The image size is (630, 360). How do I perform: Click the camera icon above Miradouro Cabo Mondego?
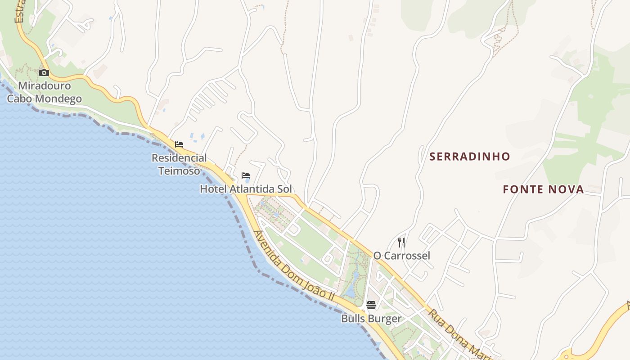44,72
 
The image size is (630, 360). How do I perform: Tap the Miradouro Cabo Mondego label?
44,92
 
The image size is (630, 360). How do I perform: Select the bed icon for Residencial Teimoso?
179,144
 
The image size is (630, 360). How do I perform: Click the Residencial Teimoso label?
179,164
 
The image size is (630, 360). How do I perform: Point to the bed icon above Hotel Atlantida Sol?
245,175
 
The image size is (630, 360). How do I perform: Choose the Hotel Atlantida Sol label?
246,189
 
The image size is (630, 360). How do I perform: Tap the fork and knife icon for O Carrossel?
401,243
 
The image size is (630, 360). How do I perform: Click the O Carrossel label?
401,256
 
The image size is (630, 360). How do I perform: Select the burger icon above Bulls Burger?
371,305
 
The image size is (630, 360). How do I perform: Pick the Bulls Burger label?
371,319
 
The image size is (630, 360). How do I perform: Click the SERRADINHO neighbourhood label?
470,157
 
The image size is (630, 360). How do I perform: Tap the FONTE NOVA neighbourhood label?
543,189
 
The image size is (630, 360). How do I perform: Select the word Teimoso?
179,171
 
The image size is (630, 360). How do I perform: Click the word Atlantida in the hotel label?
252,189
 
